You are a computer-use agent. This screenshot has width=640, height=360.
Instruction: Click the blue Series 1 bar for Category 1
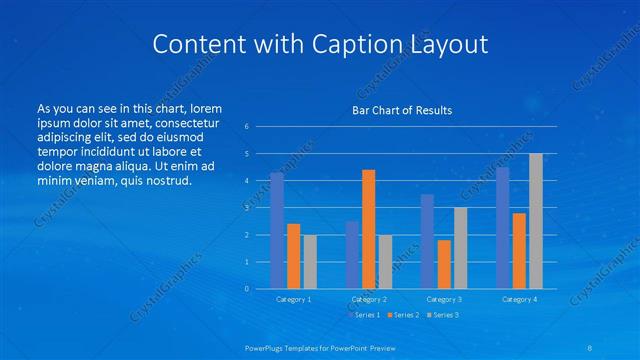point(277,231)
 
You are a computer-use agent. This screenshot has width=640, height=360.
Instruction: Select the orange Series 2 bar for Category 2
point(369,229)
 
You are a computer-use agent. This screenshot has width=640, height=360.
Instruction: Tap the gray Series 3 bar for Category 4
point(536,221)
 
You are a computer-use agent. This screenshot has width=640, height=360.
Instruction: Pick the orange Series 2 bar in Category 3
point(444,264)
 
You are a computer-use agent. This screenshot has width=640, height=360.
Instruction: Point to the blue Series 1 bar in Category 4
point(503,228)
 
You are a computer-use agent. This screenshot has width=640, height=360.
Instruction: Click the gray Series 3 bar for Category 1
point(310,262)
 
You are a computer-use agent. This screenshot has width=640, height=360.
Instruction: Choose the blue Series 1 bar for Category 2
point(352,255)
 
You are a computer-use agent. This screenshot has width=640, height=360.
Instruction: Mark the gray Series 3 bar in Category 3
point(460,248)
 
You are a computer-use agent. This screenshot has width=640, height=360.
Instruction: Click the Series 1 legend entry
point(365,315)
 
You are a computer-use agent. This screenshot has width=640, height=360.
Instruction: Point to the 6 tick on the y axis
point(247,127)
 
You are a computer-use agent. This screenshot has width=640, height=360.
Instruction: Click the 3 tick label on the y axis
point(247,208)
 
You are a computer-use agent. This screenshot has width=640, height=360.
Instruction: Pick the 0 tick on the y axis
point(247,289)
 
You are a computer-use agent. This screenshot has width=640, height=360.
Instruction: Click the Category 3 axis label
point(444,299)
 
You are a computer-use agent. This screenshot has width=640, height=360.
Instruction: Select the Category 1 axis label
point(294,299)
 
